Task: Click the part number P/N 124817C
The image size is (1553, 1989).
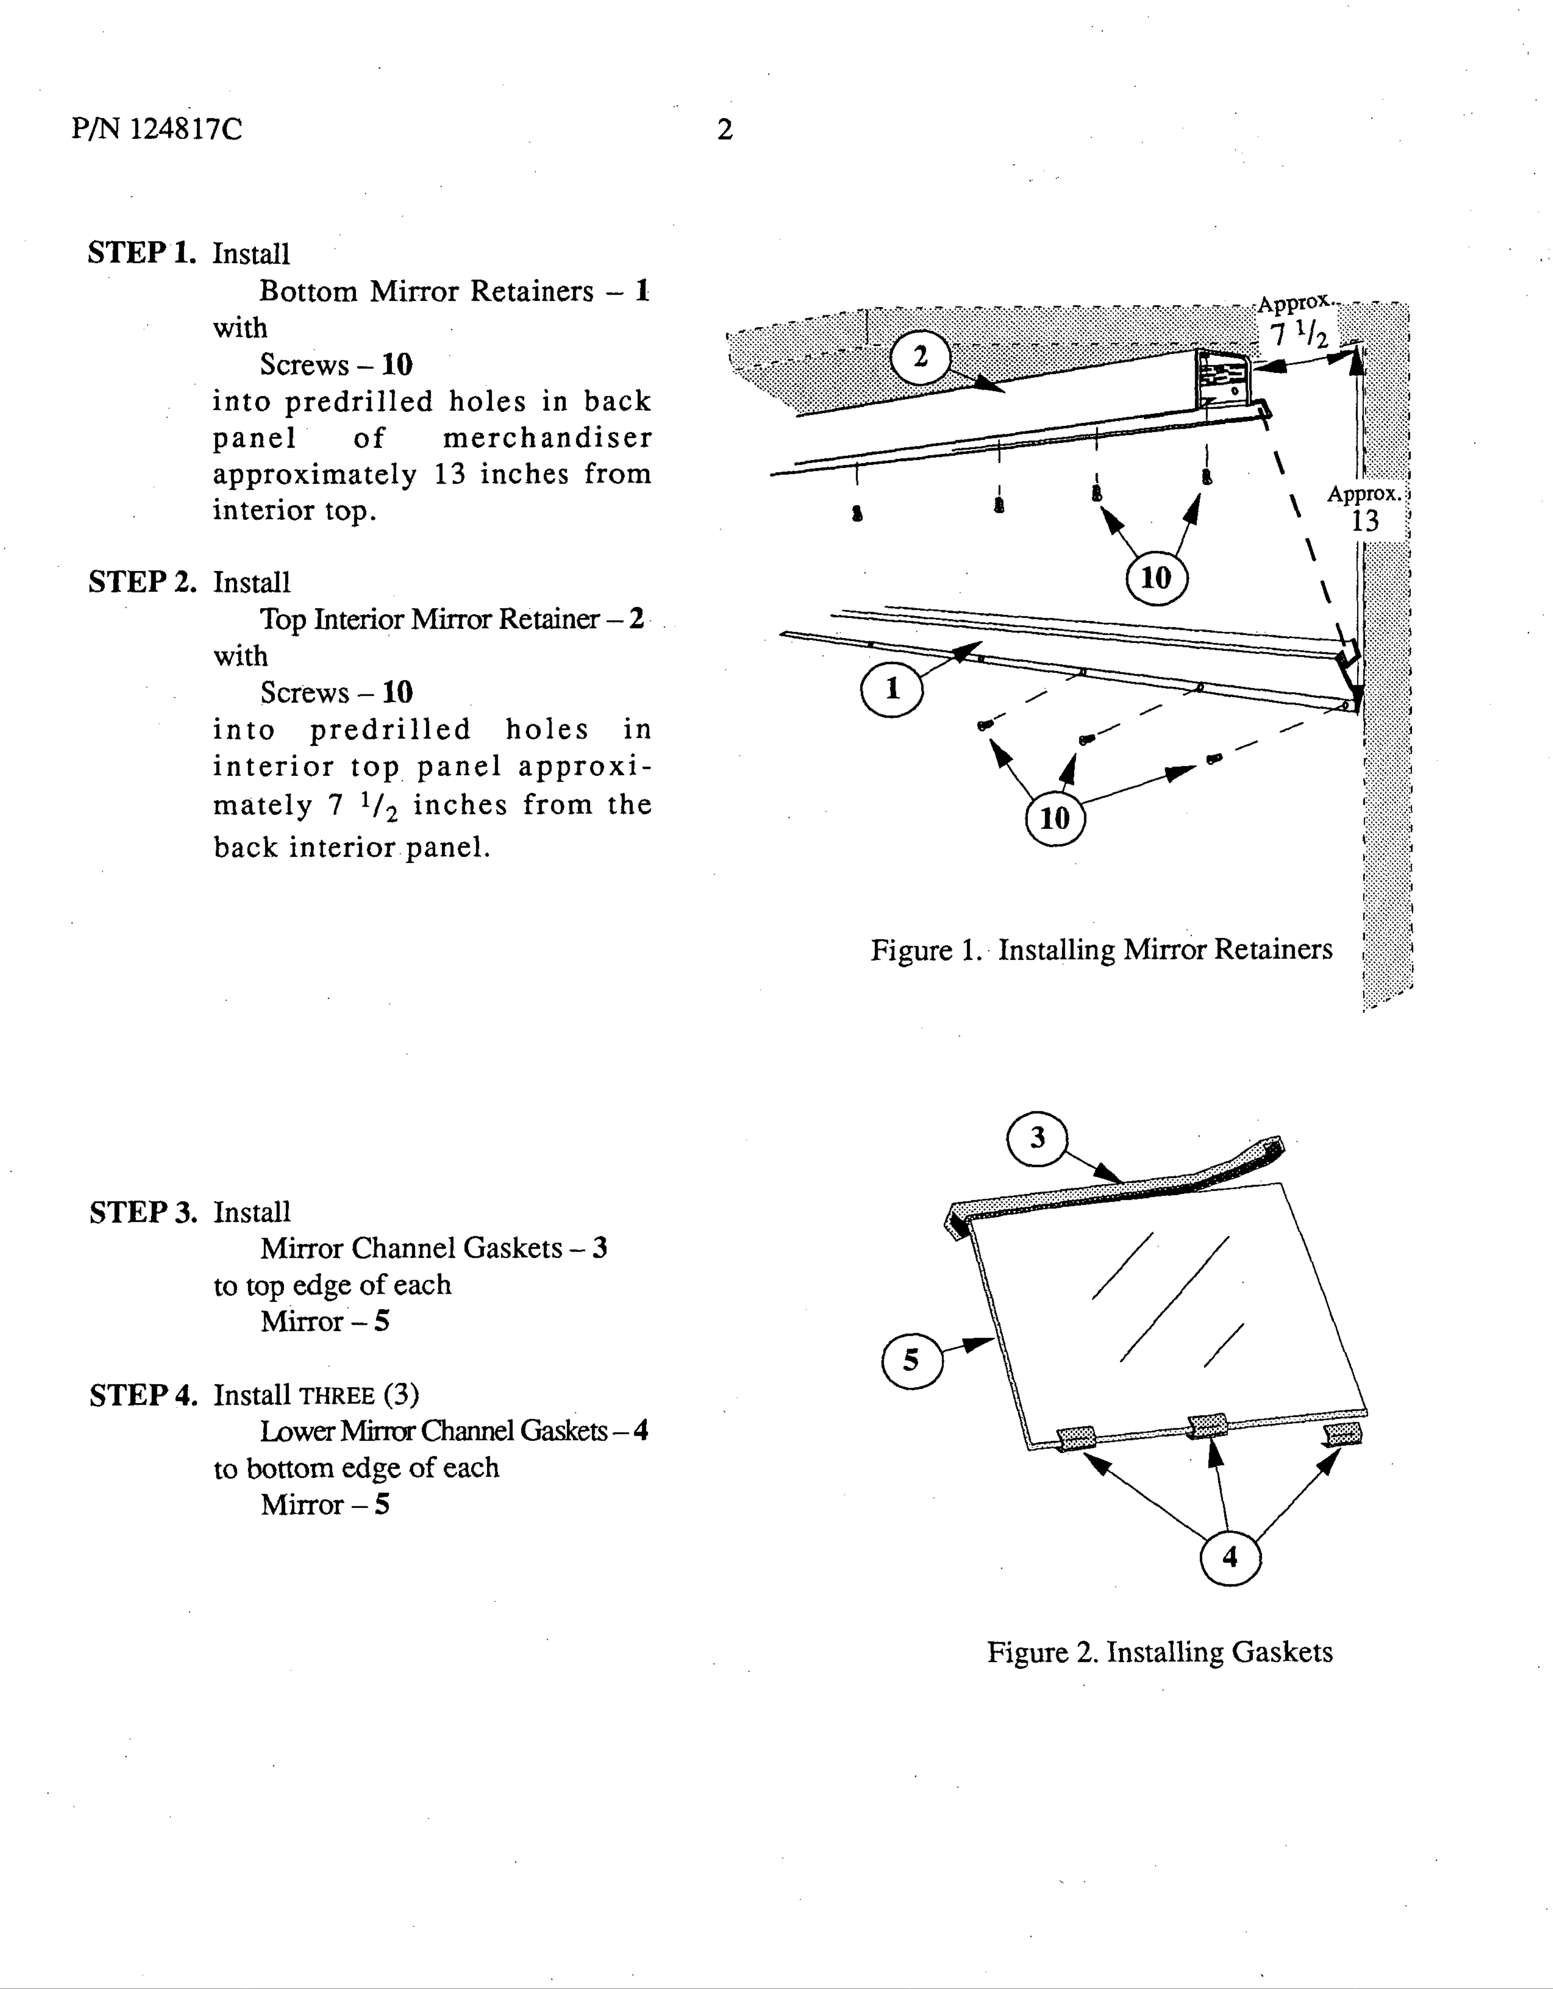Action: pos(157,129)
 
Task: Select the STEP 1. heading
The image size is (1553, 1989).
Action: pos(142,252)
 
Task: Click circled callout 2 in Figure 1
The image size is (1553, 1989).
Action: pos(920,357)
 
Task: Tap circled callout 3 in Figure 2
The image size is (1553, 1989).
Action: pos(1037,1138)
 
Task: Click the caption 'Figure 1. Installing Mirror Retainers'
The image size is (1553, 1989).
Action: pos(1100,950)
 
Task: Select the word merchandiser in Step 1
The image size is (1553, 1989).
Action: pos(547,438)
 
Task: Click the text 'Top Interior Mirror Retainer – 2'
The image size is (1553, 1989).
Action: pos(452,619)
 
